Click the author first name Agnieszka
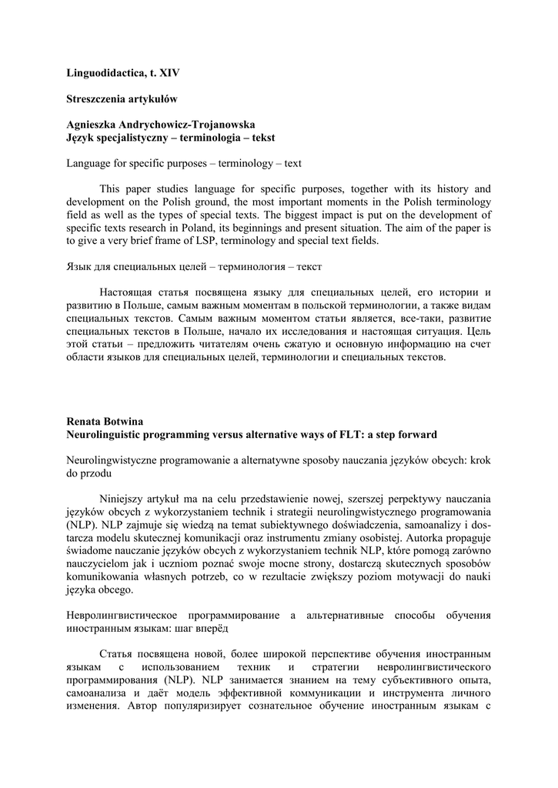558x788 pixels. pos(93,125)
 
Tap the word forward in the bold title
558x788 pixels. pos(414,435)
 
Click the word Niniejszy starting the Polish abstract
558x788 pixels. pos(122,499)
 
